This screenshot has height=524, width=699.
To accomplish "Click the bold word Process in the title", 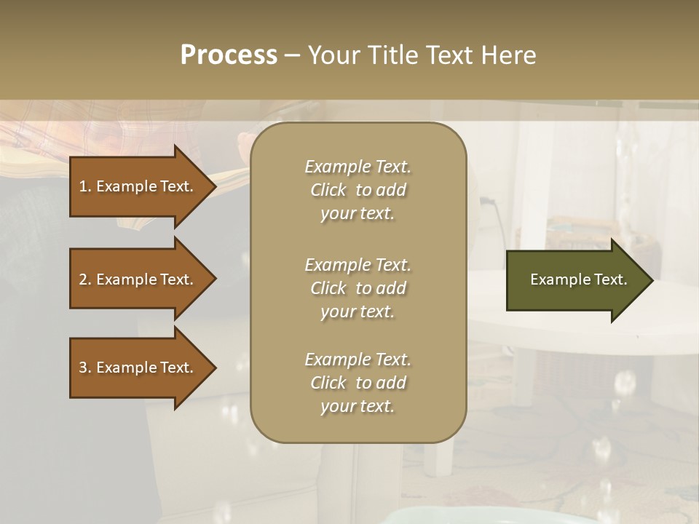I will point(229,55).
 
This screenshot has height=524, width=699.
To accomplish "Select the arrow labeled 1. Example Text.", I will point(136,186).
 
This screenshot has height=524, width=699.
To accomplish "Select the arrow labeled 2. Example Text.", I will point(136,279).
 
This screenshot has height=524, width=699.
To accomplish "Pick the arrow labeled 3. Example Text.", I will point(136,368).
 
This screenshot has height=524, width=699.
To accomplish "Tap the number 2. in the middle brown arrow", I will point(85,279).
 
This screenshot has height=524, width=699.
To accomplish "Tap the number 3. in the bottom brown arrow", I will point(85,368).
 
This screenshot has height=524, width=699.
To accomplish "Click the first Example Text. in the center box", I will point(358,167).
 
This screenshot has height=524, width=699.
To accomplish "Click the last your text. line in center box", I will point(358,406).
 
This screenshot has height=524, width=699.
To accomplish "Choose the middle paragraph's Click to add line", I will point(358,288).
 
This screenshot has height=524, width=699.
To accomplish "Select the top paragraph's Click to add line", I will point(358,190).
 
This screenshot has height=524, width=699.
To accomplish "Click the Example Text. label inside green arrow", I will point(579,279).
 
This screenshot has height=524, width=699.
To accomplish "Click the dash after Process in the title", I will point(292,55).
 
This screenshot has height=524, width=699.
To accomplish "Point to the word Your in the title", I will point(334,55).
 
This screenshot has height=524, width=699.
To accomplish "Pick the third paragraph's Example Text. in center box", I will point(358,360).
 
